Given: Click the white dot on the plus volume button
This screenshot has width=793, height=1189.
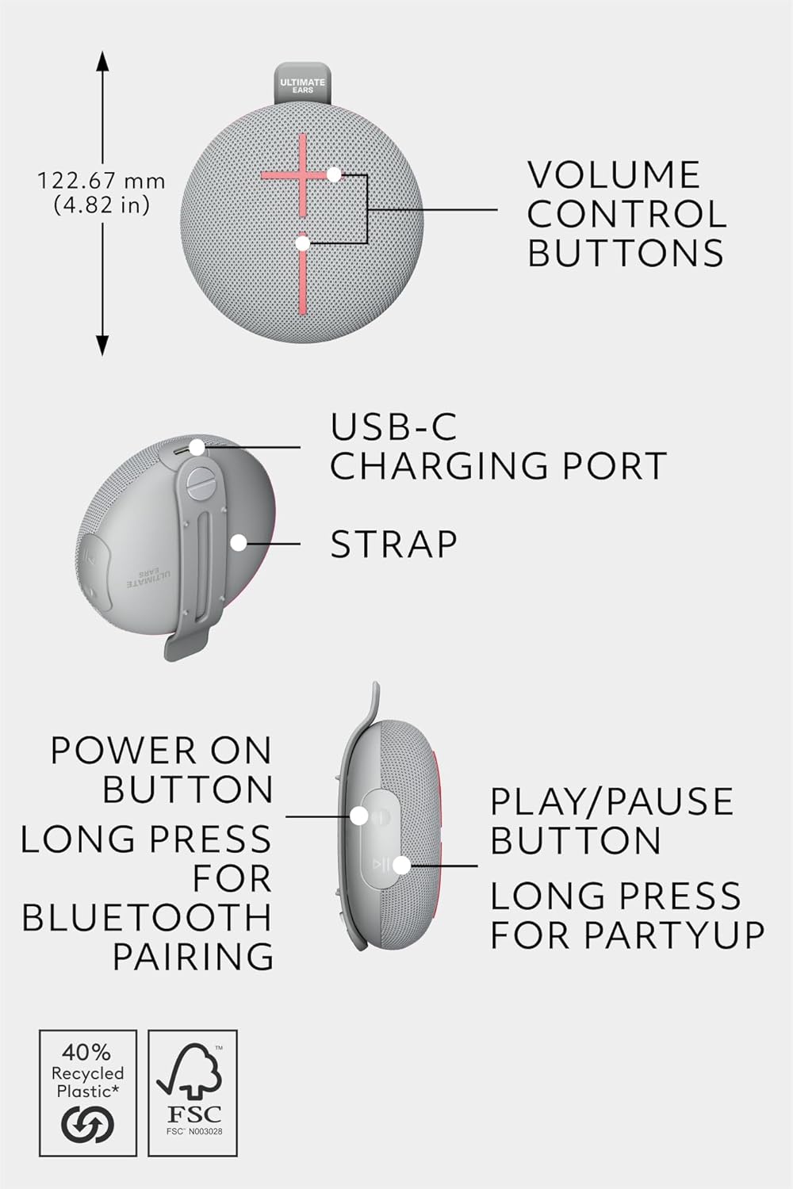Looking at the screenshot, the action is coord(334,174).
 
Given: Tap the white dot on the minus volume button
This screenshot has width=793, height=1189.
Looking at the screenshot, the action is coord(303,243).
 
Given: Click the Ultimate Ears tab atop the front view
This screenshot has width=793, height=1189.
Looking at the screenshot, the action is coord(303,83).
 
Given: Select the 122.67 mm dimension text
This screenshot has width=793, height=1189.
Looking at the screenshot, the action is coord(101,182).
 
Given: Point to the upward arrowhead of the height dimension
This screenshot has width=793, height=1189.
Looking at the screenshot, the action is coord(102,60).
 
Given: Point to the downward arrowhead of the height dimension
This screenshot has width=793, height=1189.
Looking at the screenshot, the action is coord(102,346).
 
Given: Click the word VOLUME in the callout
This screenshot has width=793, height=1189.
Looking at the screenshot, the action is coord(614,174).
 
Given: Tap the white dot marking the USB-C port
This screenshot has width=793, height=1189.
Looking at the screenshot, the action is coord(197,447).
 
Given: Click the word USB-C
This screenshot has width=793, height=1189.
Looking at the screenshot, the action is coord(393,426).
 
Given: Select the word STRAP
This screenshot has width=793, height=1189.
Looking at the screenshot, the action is coord(393,544).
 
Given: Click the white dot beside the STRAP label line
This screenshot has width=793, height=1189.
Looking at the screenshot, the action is coord(239,542).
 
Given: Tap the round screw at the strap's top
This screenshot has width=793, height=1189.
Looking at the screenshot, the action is coord(201,483).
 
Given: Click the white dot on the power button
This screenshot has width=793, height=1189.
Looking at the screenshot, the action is coord(359,816).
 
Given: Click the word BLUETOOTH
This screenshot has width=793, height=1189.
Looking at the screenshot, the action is coord(147,917).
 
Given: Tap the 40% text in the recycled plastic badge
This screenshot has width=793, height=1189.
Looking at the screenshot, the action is coord(86,1052).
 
